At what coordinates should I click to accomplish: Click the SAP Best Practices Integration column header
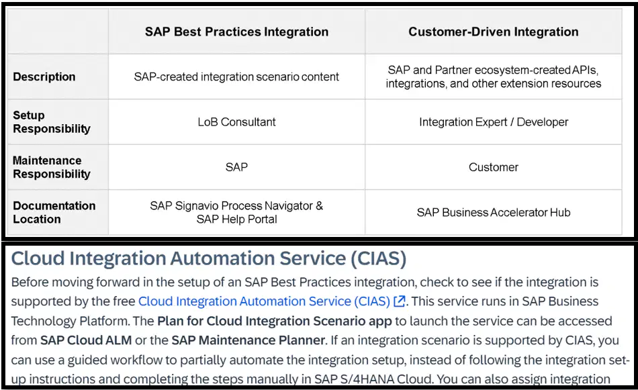click(x=236, y=32)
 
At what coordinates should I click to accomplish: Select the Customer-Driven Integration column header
click(x=493, y=32)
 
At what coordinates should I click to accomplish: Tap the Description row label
click(x=44, y=77)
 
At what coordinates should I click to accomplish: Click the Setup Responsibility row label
click(x=52, y=122)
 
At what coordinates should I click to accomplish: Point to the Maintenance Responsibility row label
click(x=52, y=167)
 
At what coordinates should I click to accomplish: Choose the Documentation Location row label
click(x=54, y=212)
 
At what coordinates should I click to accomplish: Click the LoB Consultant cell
click(x=236, y=122)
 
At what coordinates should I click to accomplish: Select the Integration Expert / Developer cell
click(x=494, y=122)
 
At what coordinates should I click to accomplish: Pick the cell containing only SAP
click(x=236, y=167)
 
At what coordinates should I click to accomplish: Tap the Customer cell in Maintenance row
click(x=494, y=167)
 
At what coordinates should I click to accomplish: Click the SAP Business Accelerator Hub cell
click(x=494, y=212)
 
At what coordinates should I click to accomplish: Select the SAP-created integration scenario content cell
click(x=236, y=77)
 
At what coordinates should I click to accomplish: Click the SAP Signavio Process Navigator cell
click(x=236, y=212)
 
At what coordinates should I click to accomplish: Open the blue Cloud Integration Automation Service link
click(x=264, y=301)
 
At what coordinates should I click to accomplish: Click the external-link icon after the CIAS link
click(x=400, y=301)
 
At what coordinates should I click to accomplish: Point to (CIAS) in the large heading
click(x=378, y=258)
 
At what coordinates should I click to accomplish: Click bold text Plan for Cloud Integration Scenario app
click(x=274, y=321)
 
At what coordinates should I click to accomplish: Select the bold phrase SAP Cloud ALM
click(x=86, y=340)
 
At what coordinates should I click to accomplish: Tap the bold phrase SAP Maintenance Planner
click(x=248, y=340)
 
